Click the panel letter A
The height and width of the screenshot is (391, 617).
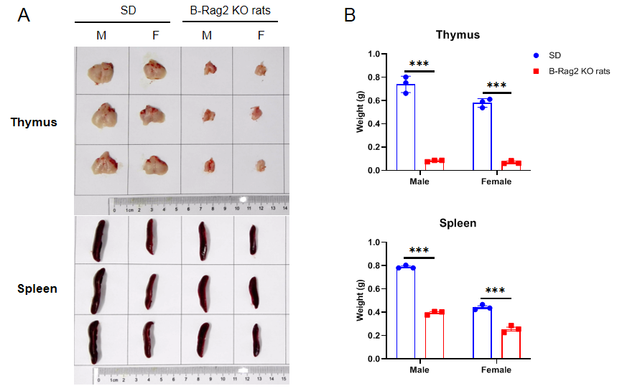24,16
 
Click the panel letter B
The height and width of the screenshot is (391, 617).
351,16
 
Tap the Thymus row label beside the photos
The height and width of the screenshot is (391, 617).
34,122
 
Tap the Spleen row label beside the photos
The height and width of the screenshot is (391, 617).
37,289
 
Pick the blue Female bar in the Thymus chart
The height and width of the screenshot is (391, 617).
482,136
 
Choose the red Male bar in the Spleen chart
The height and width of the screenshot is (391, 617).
434,335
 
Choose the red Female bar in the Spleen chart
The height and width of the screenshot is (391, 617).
511,344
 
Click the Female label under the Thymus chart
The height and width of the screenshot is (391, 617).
496,182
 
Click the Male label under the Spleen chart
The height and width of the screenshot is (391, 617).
419,370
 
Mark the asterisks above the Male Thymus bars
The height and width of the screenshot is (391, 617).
419,65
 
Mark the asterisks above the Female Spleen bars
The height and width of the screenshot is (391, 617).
496,291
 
